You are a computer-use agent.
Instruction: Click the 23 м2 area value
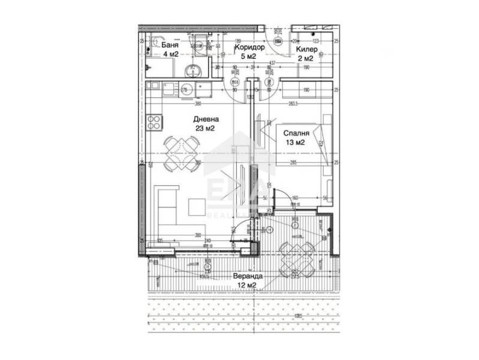(x=204, y=128)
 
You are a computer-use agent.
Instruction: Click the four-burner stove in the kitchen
(x=154, y=122)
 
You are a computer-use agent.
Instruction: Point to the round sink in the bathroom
(x=193, y=70)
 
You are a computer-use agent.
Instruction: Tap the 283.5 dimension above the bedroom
(x=294, y=103)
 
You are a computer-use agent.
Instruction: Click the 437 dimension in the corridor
(x=272, y=63)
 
